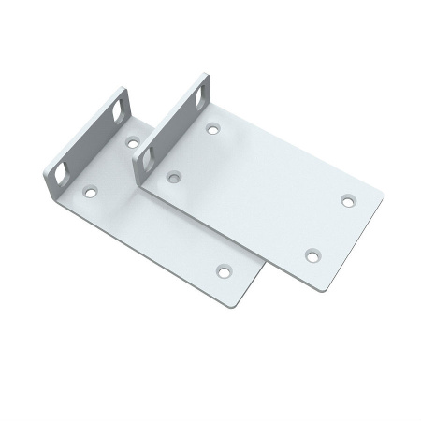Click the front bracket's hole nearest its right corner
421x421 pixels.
point(348,199)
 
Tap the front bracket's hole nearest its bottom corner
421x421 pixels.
point(312,254)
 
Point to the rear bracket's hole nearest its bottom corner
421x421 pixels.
point(223,269)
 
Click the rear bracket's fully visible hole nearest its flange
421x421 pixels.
point(91,191)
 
